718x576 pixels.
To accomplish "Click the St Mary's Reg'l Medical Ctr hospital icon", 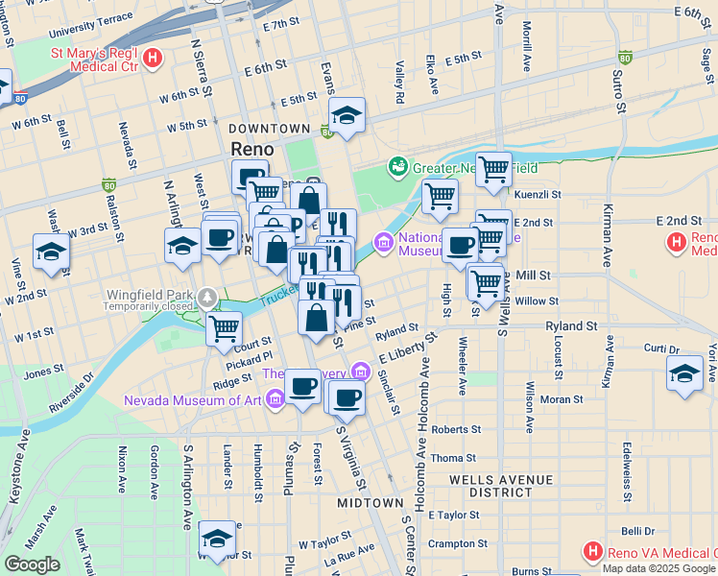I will [x=152, y=60].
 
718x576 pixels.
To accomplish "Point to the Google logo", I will [x=32, y=564].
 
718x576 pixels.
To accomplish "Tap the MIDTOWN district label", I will [x=371, y=503].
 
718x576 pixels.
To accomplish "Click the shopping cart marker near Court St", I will [x=224, y=328].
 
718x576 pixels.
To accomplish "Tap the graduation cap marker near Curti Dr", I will [x=684, y=372].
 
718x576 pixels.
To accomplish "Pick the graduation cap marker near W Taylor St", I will [x=217, y=540].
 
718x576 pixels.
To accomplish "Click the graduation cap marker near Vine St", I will [x=51, y=252].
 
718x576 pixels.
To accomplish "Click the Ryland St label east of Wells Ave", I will [x=572, y=326].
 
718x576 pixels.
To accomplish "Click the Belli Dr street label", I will [x=637, y=530].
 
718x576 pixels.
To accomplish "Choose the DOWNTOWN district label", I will [x=269, y=128].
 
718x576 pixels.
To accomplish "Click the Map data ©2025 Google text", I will [x=658, y=568].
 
